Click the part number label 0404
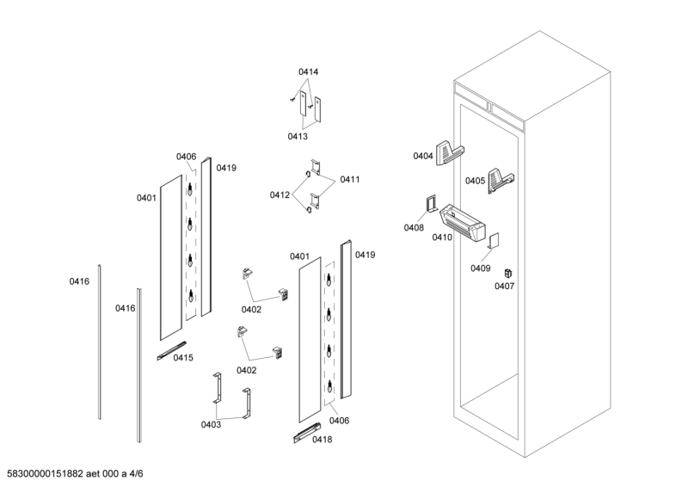click(422, 156)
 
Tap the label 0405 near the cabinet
click(475, 181)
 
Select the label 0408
click(414, 227)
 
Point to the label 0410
click(442, 237)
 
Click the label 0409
click(480, 268)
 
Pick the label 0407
click(504, 286)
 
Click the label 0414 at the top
click(308, 71)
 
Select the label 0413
click(298, 136)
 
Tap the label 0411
click(349, 179)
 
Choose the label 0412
click(279, 194)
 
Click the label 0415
click(183, 357)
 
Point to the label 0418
click(322, 440)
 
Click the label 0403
click(212, 423)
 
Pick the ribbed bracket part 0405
click(501, 179)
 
